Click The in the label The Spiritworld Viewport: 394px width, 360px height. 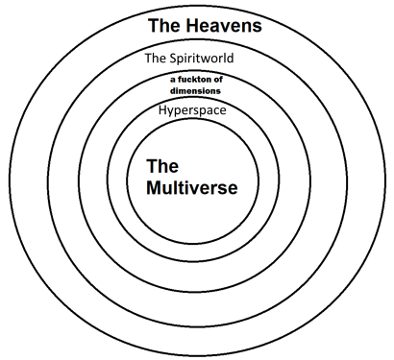[155, 58]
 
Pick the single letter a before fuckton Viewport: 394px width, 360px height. [170, 79]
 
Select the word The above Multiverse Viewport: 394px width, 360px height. [162, 165]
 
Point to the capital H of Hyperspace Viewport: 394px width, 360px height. [162, 109]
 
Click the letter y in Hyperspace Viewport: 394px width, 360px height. [172, 111]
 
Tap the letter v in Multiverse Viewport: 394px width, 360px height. [197, 186]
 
